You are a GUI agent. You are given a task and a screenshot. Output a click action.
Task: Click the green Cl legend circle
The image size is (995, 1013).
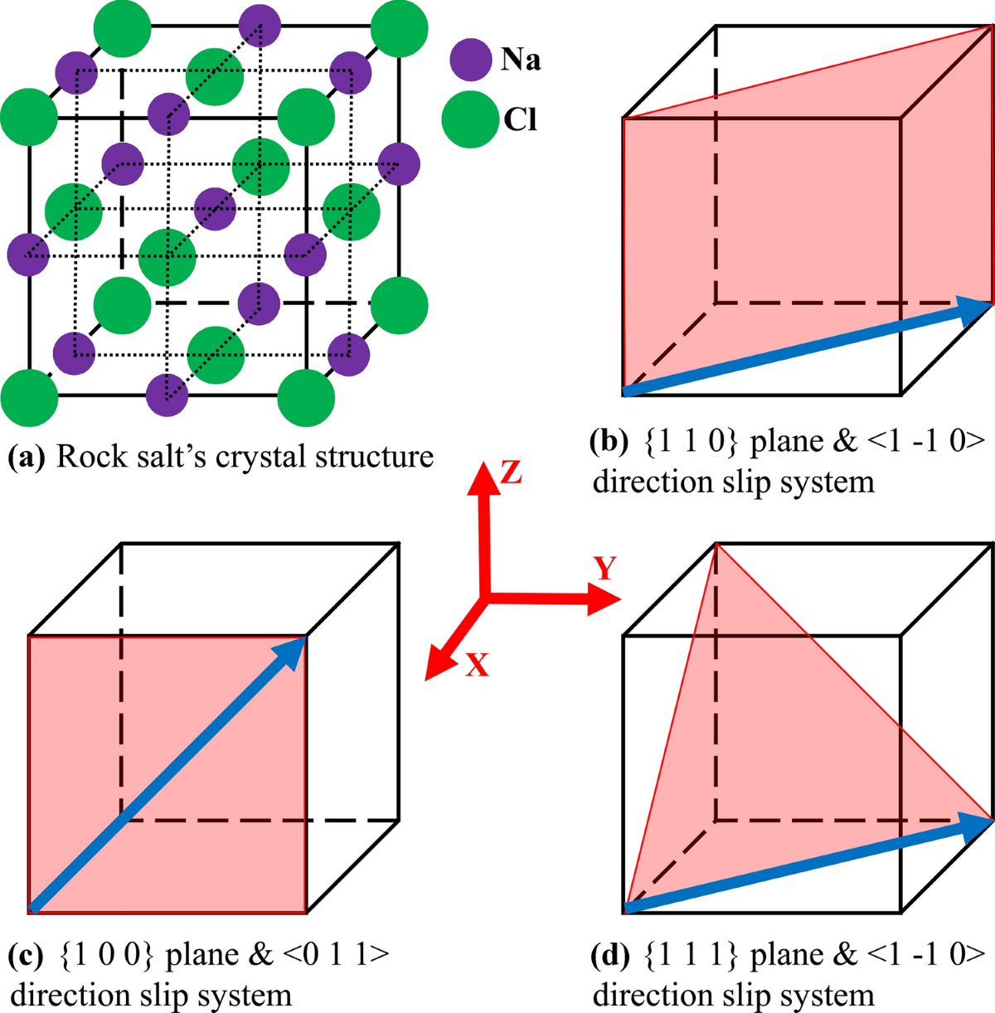click(x=470, y=119)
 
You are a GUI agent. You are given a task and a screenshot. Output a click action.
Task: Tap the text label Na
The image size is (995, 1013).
click(x=521, y=60)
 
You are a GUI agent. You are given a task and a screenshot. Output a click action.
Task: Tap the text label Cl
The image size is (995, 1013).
click(x=520, y=120)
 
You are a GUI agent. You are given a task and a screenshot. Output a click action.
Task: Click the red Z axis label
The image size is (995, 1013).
click(x=511, y=473)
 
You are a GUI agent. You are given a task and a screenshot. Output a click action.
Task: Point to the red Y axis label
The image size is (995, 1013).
click(x=605, y=569)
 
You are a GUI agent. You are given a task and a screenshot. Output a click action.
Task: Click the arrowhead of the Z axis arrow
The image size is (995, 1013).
click(x=484, y=478)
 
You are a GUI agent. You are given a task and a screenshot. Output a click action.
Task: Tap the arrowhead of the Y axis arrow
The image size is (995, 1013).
click(x=606, y=598)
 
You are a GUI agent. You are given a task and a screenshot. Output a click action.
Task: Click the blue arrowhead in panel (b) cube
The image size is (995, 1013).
click(x=976, y=308)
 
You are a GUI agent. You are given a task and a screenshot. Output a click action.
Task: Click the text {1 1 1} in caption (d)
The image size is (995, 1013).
click(x=691, y=955)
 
